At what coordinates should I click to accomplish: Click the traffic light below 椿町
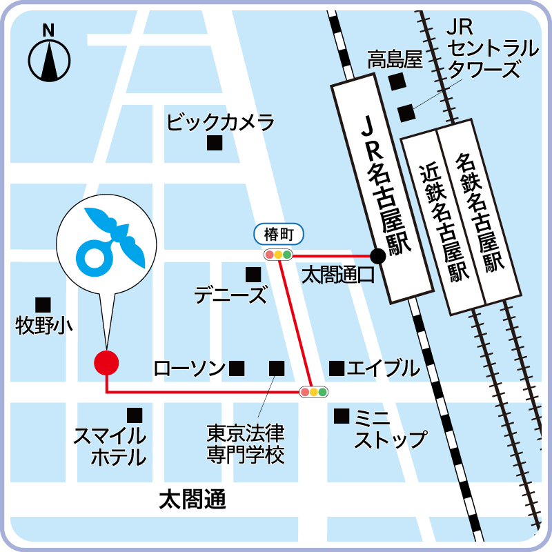pos(279,255)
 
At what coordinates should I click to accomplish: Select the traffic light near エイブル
pos(313,392)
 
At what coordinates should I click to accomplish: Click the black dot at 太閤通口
pos(377,256)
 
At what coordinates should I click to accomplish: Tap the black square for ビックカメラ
pos(215,144)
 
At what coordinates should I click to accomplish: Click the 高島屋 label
pos(394,60)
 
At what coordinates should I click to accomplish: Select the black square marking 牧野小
pos(43,304)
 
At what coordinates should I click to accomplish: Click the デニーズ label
pos(230,295)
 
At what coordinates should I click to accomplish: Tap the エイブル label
pos(383,368)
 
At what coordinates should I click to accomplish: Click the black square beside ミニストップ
pos(341,416)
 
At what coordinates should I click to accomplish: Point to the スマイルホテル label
pos(110,446)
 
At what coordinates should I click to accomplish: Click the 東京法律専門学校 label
pos(246,444)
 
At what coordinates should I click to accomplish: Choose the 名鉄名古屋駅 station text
pos(481,211)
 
